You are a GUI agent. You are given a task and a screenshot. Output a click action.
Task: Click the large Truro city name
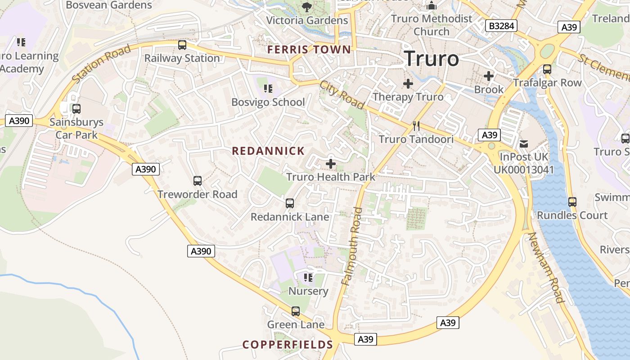click(431, 59)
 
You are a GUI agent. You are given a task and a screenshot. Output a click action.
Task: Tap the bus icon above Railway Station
click(182, 45)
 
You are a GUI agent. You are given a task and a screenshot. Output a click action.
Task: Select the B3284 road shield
click(501, 26)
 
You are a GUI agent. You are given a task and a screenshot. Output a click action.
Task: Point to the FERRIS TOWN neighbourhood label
click(309, 49)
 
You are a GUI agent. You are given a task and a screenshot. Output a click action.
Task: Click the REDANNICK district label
click(268, 151)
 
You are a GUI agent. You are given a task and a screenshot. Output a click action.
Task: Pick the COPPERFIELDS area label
click(288, 345)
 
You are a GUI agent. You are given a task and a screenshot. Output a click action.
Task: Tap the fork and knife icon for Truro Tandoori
click(416, 126)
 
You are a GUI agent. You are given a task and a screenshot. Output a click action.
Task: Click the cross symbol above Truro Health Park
click(331, 164)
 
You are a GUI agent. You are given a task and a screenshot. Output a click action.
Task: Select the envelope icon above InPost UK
click(524, 144)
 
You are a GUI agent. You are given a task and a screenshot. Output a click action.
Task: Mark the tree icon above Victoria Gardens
click(307, 7)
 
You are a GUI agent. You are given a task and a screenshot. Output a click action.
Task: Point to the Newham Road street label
click(545, 267)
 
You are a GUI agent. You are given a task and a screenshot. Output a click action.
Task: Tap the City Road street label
click(342, 94)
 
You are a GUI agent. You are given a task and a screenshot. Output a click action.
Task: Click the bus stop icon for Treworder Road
click(198, 181)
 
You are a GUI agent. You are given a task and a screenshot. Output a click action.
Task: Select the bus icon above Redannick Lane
click(290, 203)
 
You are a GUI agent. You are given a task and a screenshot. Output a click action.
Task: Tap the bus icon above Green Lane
click(296, 311)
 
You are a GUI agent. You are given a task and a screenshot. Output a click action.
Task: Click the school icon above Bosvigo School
click(268, 89)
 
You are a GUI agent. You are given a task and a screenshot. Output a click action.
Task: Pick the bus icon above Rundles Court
click(572, 202)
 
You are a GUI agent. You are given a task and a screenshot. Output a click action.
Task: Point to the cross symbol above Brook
click(489, 76)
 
